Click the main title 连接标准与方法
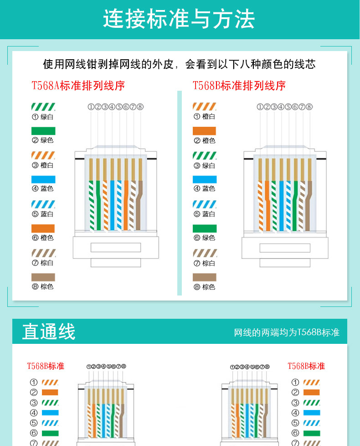pos(179,19)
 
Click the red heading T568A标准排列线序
pos(78,85)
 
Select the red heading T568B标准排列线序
pos(239,85)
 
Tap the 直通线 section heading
pos(49,332)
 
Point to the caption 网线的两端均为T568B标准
pos(287,332)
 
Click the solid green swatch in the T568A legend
pos(43,131)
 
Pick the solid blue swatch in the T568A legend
pos(43,179)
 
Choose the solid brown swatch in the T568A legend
pos(43,277)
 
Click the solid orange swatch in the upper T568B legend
pos(205,131)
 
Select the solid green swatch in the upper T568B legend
pos(205,228)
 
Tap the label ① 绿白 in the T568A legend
pos(43,117)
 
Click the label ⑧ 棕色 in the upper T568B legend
pos(204,287)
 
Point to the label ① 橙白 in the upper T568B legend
pos(204,117)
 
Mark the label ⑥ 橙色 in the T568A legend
pos(43,238)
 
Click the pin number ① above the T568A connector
pos(91,107)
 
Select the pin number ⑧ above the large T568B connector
pos(309,107)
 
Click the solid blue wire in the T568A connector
pos(112,205)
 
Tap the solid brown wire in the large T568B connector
pos(309,205)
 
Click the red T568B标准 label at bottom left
pos(46,366)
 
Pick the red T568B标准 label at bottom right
pos(306,366)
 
